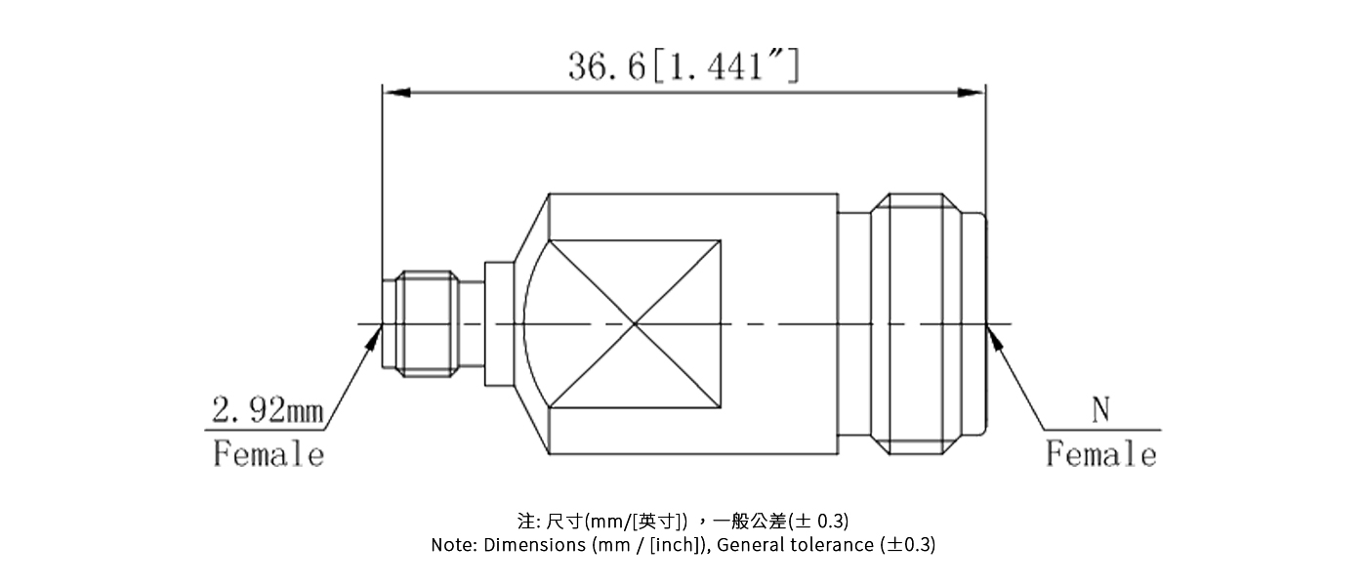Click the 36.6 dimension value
606,65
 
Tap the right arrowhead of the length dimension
972,93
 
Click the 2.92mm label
267,412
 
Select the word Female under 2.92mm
269,454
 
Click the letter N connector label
1100,412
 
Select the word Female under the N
1100,454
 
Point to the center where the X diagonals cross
635,324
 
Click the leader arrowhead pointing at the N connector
994,337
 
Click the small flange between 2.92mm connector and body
498,323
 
